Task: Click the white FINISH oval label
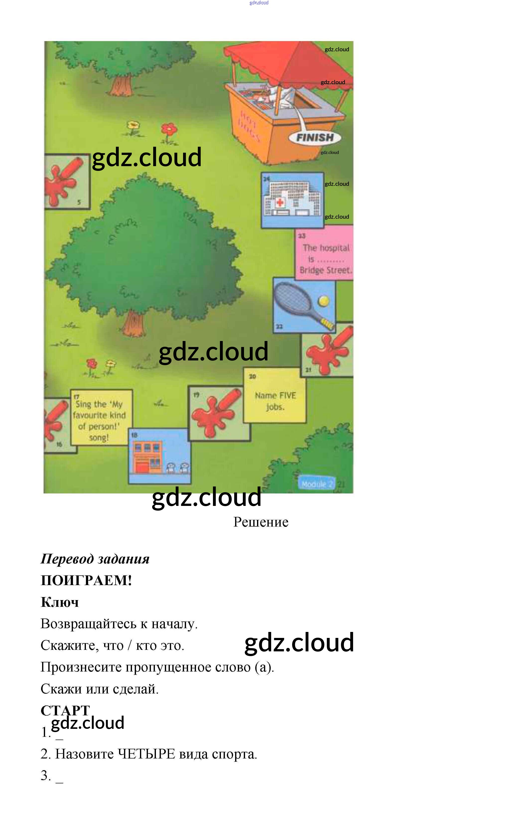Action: point(315,137)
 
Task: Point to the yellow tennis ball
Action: point(323,301)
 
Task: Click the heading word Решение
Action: point(260,522)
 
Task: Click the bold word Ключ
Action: point(60,602)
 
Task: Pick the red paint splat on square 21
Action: point(325,351)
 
